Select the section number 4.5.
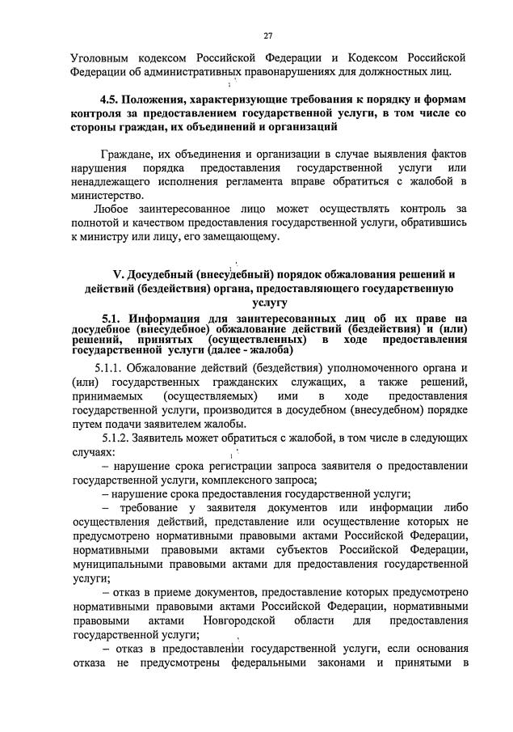point(111,99)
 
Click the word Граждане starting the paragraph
point(126,153)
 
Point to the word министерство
point(108,195)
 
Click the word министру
point(104,237)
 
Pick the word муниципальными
point(118,565)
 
